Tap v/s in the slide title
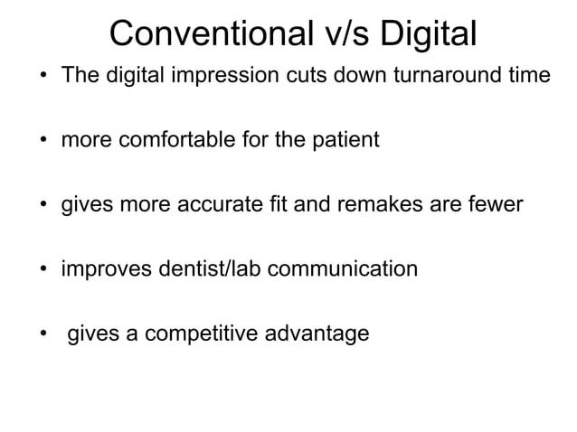point(345,34)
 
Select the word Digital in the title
point(428,34)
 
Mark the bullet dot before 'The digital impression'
point(43,75)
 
